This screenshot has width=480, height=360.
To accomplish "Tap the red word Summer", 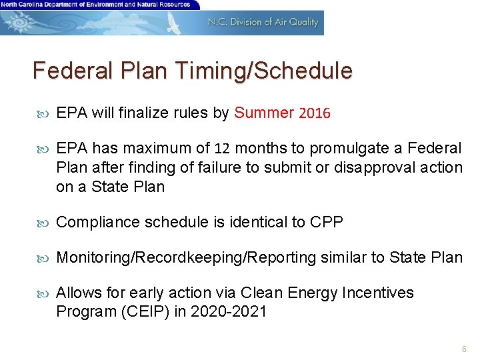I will pyautogui.click(x=264, y=113).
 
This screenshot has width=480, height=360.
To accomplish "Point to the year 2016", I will pyautogui.click(x=315, y=113).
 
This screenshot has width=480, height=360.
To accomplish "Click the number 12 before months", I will pyautogui.click(x=223, y=148).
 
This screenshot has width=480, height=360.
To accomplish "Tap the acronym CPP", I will pyautogui.click(x=327, y=222).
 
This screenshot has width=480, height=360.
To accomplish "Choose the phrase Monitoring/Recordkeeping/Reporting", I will pyautogui.click(x=186, y=257).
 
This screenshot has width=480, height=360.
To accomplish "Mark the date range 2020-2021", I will pyautogui.click(x=229, y=311).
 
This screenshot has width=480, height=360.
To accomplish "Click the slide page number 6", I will pyautogui.click(x=464, y=349).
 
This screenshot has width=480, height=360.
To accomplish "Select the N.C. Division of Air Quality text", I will pyautogui.click(x=263, y=22).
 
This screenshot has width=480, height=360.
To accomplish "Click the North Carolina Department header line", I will pyautogui.click(x=95, y=5).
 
